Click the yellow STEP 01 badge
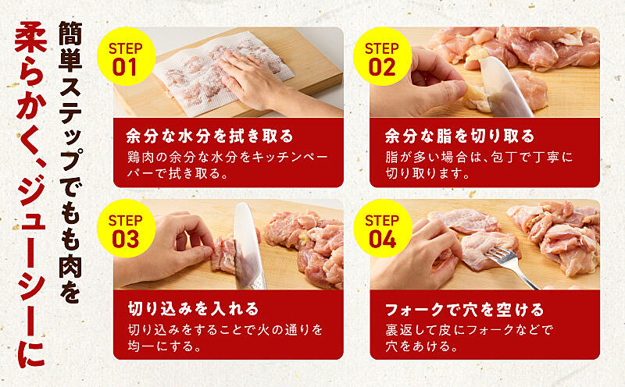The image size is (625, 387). [126, 56]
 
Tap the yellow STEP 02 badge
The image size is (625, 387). [383, 56]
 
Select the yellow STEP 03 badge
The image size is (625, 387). [126, 229]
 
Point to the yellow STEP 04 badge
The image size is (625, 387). [383, 229]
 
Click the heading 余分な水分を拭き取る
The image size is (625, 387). [209, 137]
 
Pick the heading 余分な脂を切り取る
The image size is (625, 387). [459, 137]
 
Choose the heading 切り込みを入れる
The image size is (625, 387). [193, 309]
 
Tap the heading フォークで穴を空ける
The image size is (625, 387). [464, 309]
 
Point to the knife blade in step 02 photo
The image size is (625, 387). [504, 87]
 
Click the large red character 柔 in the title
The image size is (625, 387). [30, 37]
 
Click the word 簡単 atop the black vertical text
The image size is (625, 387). [70, 46]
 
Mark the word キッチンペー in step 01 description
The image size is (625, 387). [290, 157]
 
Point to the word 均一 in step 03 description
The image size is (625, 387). [141, 346]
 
